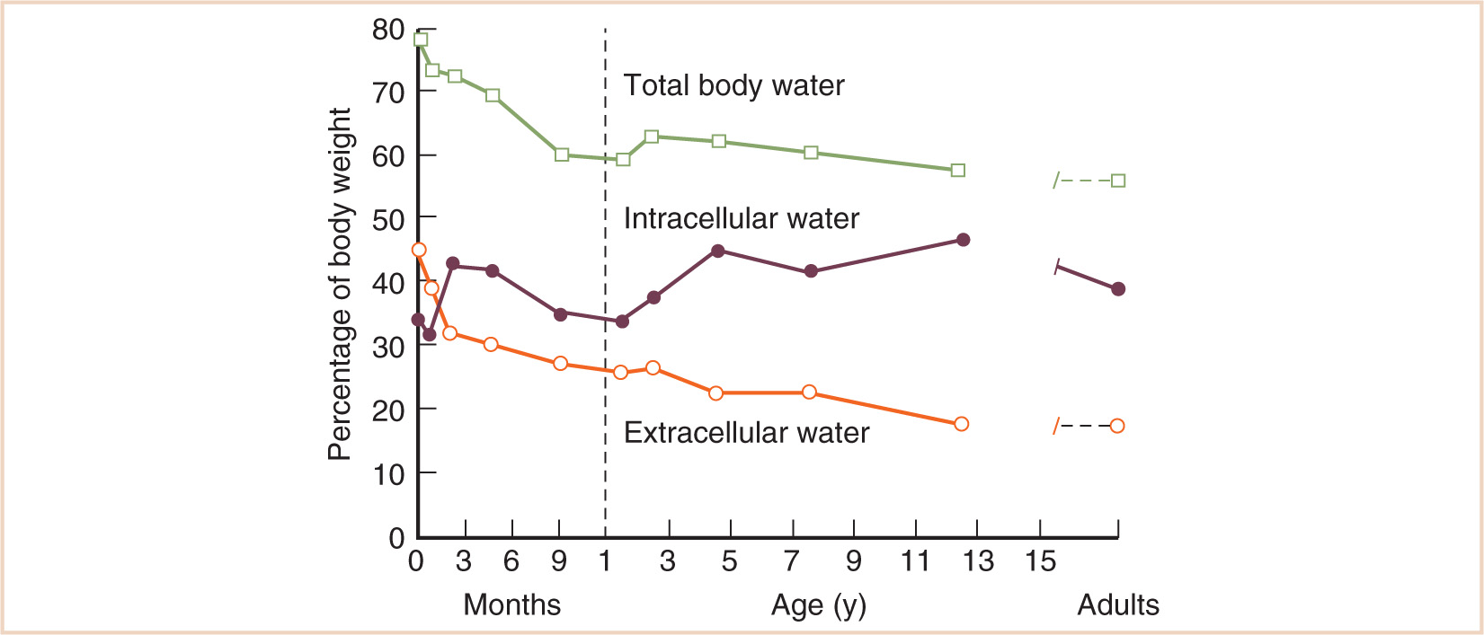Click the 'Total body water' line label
click(x=733, y=85)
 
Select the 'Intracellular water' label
click(x=741, y=218)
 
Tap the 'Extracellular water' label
click(x=746, y=433)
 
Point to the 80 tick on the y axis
click(x=388, y=30)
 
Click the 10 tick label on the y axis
click(x=388, y=473)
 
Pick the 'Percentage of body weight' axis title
click(x=340, y=284)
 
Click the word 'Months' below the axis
click(x=511, y=604)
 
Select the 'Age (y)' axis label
click(x=818, y=605)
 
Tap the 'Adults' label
click(x=1118, y=604)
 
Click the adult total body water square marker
click(x=1118, y=181)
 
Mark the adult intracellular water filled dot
click(x=1118, y=289)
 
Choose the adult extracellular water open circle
click(x=1117, y=426)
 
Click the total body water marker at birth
click(x=420, y=40)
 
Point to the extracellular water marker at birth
click(x=419, y=250)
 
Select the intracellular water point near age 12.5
click(x=963, y=240)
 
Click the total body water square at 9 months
click(x=562, y=154)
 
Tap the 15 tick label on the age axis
click(x=1041, y=561)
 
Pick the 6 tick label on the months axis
click(x=511, y=561)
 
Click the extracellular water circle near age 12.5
click(x=961, y=424)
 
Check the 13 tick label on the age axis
click(x=978, y=561)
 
